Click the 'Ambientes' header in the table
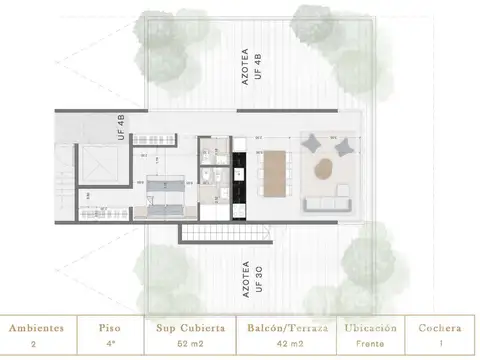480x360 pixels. pos(38,327)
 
